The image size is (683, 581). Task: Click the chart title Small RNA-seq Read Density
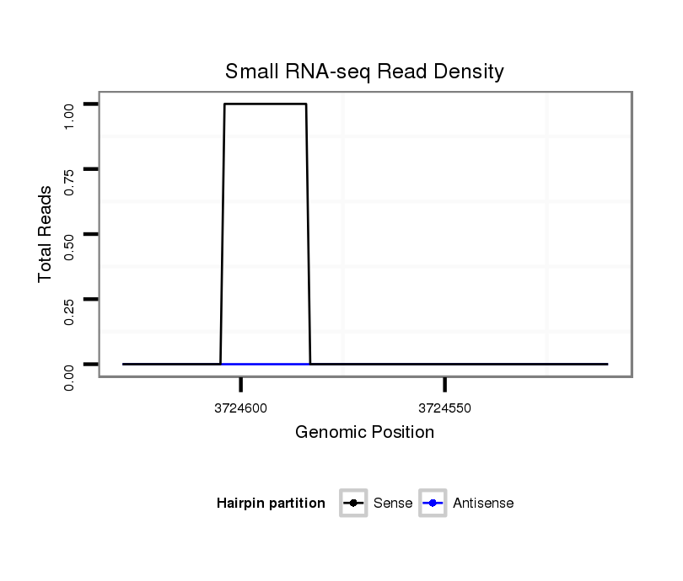pos(364,72)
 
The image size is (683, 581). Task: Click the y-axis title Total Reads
pos(46,234)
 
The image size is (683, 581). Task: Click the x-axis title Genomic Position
pos(364,433)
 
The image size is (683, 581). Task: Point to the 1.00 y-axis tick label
pos(70,115)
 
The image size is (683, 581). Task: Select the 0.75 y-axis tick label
pos(70,180)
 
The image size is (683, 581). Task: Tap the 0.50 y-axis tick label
pos(70,245)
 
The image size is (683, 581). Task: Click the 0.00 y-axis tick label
pos(70,376)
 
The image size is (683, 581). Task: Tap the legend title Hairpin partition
pos(271,504)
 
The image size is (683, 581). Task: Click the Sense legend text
pos(392,504)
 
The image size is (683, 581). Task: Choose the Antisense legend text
pos(483,504)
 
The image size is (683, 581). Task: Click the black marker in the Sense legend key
pos(352,504)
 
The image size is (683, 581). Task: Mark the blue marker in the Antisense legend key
pos(433,504)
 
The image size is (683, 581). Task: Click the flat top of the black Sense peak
pos(266,104)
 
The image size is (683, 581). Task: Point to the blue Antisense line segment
pos(266,364)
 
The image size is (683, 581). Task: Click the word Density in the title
pos(469,72)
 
